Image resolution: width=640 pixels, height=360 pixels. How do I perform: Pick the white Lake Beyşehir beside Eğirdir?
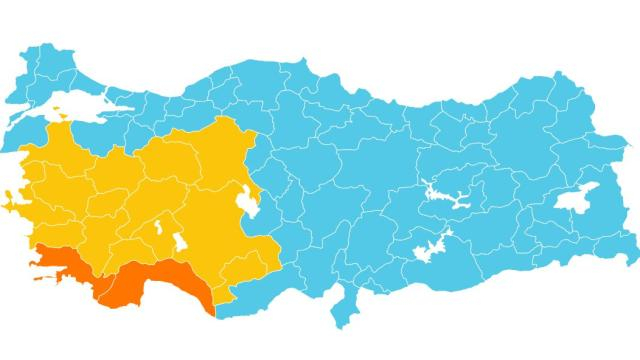(x=179, y=243)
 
